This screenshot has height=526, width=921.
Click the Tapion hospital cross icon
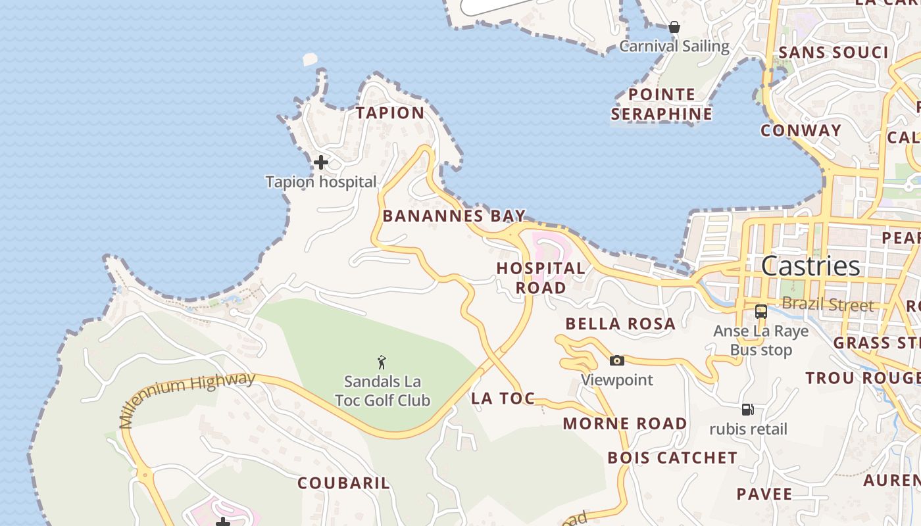[x=321, y=162]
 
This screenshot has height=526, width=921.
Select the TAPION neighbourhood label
[x=390, y=113]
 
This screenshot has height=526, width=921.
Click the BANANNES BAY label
[x=454, y=216]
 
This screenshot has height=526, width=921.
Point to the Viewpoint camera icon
[x=616, y=360]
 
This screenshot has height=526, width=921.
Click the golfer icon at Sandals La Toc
[x=382, y=362]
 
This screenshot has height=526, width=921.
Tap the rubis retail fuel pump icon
[x=747, y=410]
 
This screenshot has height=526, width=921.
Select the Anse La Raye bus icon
[x=761, y=312]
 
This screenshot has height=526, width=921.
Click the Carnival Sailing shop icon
[x=674, y=28]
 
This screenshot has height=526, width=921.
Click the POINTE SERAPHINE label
[x=661, y=104]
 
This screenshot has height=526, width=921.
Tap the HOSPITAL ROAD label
[x=541, y=277]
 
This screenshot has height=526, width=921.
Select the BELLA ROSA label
[x=620, y=323]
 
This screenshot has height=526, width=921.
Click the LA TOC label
[x=503, y=398]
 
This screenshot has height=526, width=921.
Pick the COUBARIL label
[x=343, y=483]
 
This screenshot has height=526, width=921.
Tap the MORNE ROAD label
[x=624, y=423]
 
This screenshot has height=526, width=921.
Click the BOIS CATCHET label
[x=672, y=458]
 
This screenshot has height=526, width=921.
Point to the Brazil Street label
[x=828, y=304]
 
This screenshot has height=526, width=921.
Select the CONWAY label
[x=801, y=130]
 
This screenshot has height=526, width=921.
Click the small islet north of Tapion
[x=310, y=59]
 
